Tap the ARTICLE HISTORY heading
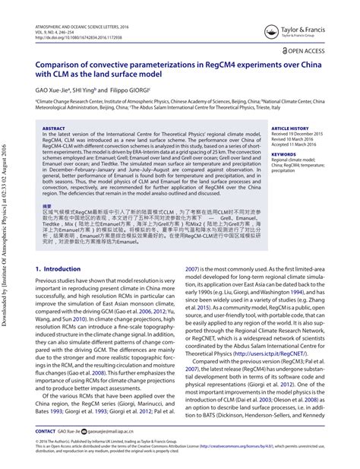[x=290, y=128]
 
